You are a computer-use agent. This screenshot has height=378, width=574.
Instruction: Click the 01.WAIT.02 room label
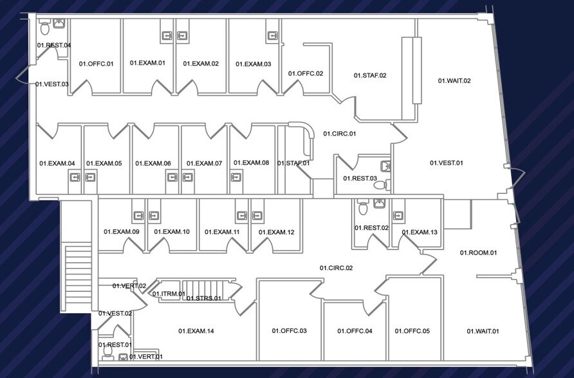(x=454, y=81)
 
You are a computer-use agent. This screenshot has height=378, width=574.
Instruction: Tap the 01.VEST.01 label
(x=446, y=163)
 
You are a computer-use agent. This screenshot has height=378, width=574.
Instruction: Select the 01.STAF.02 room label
(x=370, y=76)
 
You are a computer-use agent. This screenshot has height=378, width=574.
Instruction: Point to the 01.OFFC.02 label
(x=305, y=74)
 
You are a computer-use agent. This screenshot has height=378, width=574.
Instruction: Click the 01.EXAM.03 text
(x=253, y=64)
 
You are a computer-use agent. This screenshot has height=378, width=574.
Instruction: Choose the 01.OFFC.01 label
(x=96, y=64)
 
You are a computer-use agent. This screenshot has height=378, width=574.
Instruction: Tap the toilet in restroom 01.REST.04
(x=45, y=28)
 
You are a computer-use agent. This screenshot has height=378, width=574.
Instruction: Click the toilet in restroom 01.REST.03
(x=380, y=185)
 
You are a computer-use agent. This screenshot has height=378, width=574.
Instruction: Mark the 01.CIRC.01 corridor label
(x=339, y=134)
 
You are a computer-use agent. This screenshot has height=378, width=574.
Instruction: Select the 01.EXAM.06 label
(x=153, y=163)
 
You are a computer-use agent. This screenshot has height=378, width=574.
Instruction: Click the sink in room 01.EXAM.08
(x=236, y=177)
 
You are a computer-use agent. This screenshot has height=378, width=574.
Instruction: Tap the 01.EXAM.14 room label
(x=196, y=331)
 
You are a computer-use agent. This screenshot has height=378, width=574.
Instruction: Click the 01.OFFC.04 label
(x=355, y=331)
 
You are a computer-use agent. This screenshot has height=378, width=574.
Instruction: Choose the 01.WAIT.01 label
(x=483, y=331)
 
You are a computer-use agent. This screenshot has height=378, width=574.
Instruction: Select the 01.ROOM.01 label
(x=478, y=253)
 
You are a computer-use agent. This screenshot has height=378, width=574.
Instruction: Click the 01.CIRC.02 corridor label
(x=336, y=267)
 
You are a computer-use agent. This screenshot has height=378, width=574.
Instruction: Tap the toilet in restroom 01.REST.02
(x=363, y=208)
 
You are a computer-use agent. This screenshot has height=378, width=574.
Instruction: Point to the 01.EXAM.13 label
(x=420, y=232)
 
